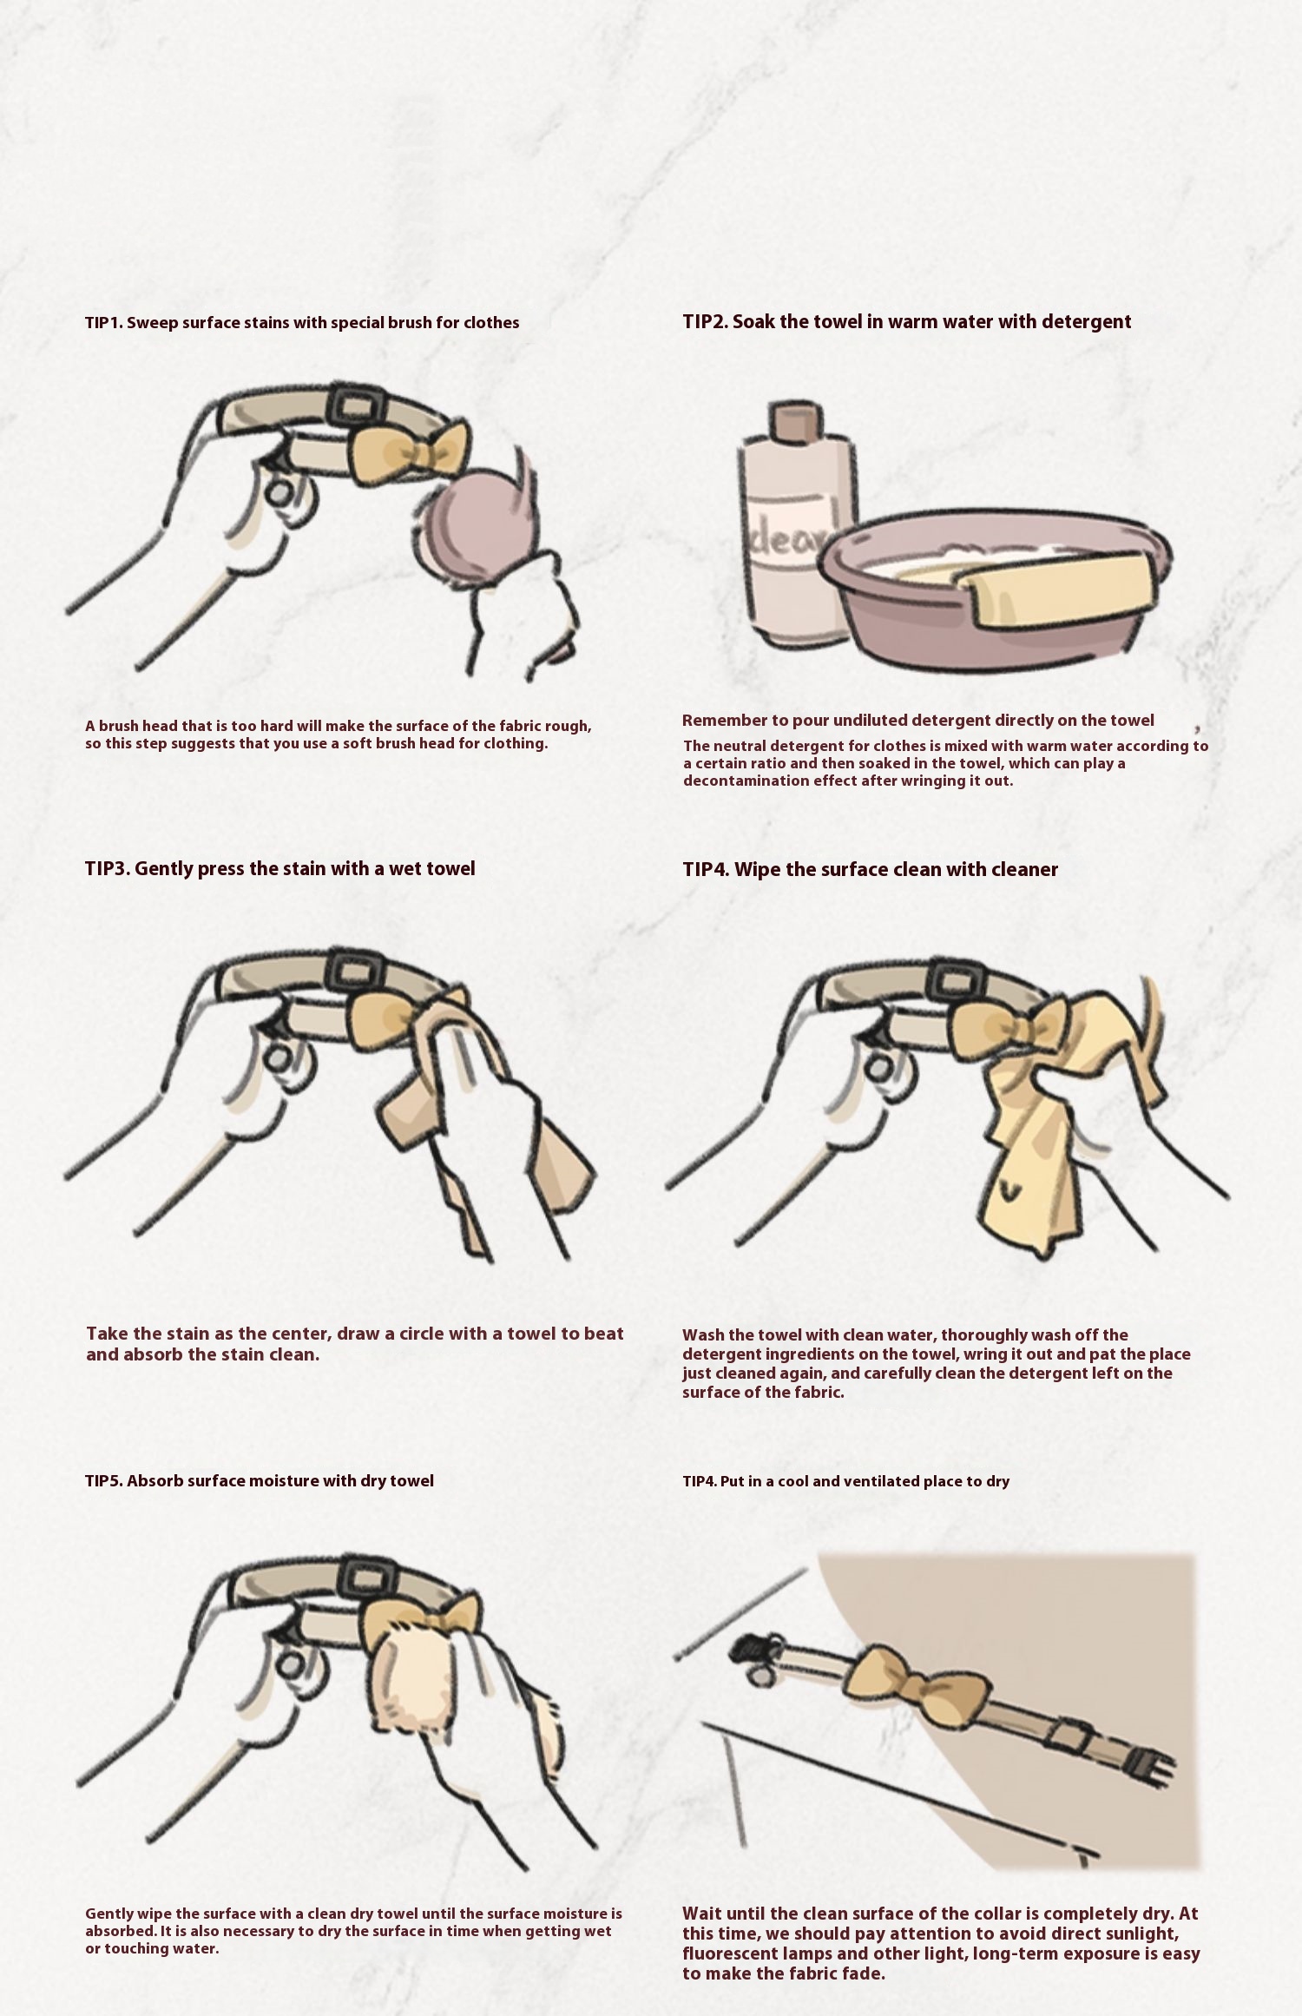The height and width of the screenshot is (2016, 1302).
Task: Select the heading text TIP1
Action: [104, 323]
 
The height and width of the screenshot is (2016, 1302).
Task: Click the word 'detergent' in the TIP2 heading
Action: [1086, 322]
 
